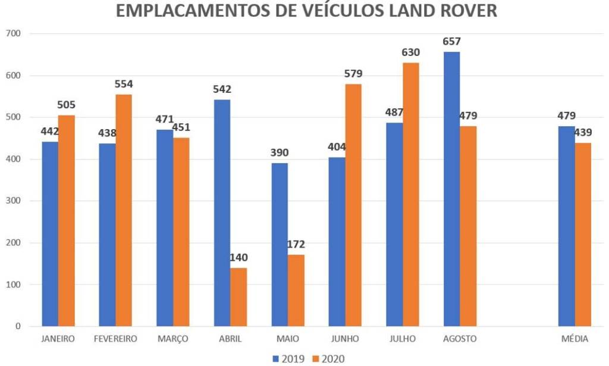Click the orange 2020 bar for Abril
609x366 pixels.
point(238,297)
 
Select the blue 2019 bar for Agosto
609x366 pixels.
point(452,189)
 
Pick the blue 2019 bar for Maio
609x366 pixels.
point(280,245)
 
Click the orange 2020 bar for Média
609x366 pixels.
point(583,234)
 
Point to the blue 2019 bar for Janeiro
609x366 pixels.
point(50,234)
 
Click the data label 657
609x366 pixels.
point(452,42)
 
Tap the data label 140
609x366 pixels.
point(238,258)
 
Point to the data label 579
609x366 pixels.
point(353,74)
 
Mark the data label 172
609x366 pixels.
point(296,245)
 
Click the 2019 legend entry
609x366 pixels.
point(289,358)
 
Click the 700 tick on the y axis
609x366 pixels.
point(13,34)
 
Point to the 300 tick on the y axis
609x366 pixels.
point(13,201)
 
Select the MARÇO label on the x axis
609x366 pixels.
point(172,339)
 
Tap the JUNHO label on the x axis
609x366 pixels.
point(345,339)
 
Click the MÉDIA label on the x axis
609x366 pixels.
point(575,339)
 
